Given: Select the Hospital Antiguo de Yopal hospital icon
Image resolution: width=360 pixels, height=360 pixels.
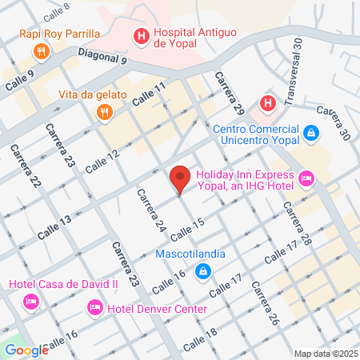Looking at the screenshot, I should pos(141,35).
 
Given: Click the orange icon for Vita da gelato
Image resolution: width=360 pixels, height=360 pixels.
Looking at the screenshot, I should pos(102,113).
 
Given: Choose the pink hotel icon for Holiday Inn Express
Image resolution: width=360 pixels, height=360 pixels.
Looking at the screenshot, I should pos(305,177).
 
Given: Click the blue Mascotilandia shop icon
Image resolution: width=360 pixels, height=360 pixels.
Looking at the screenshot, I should pos(204,271).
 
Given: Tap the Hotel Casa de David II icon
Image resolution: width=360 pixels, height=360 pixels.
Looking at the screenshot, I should pos(31,301).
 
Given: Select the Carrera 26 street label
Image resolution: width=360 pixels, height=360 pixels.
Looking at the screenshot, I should pos(263,303).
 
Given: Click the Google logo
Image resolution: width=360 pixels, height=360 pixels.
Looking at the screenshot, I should pos(26,350).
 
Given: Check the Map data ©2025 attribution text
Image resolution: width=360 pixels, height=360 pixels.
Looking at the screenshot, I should pos(325,354).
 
